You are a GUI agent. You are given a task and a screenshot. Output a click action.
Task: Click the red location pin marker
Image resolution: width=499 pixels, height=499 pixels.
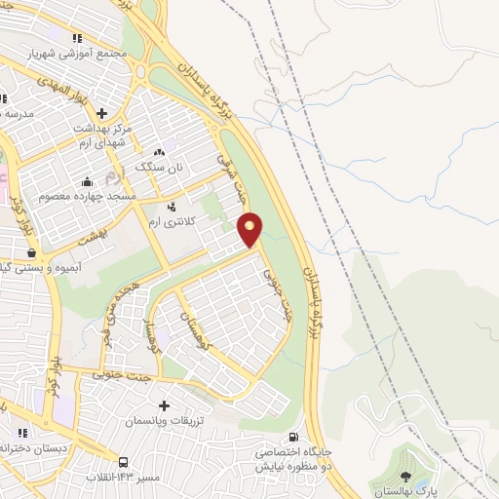point(250,229)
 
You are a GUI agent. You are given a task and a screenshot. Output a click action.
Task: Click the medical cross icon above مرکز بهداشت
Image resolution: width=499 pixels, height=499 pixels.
point(101,112)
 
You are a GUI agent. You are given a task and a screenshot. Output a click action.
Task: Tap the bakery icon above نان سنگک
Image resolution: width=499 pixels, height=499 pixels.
point(160,151)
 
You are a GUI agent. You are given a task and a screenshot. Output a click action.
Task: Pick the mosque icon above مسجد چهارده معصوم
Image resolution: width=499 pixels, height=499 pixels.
point(88,180)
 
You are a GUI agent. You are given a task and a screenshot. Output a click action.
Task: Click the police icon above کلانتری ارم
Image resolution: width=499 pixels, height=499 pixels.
point(173,207)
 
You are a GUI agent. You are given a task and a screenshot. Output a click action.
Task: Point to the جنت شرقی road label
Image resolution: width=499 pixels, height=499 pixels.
point(226,175)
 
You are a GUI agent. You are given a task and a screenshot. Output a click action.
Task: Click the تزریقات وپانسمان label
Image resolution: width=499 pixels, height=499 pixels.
point(162,421)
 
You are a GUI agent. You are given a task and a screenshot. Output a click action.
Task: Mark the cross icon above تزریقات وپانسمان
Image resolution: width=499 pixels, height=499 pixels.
point(163,405)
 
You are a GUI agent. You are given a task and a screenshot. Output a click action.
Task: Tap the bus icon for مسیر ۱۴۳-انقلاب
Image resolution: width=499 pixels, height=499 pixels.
point(124,462)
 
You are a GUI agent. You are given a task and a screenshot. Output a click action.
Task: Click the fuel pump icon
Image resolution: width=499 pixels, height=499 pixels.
point(294,438)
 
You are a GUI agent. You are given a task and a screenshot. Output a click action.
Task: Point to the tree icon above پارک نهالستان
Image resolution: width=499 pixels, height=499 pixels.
point(406,478)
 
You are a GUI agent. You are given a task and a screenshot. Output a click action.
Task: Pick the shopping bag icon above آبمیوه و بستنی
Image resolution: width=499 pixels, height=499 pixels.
point(32,252)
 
